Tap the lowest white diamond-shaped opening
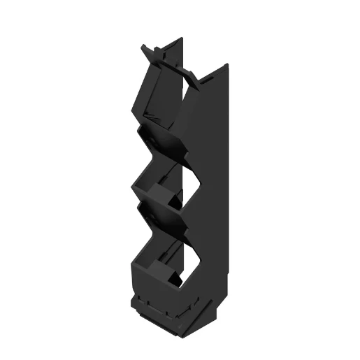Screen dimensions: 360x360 pos(187,263)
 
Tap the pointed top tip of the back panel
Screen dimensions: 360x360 pos(184,41)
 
